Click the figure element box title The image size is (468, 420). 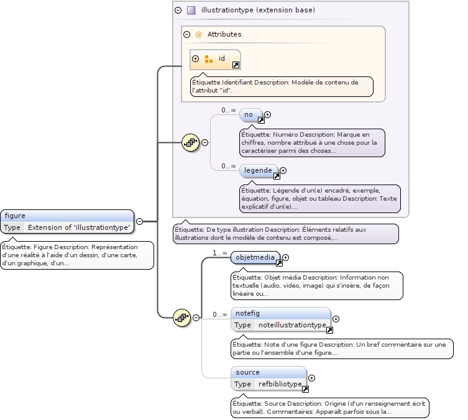coord(15,216)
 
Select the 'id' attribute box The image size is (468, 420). coord(215,59)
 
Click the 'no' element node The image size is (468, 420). coord(249,114)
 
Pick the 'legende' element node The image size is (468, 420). coord(258,170)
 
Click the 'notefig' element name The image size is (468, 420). coord(247,313)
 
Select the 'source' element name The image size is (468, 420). coord(247,372)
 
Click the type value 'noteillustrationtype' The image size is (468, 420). coord(292,325)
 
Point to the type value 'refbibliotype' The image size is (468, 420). coord(280,384)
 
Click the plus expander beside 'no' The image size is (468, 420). coord(268,114)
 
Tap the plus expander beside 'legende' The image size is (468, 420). coord(283,170)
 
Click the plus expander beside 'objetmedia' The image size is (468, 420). coord(286,257)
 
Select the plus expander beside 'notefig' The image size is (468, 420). coord(336,319)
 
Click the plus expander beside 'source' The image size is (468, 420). coord(311,378)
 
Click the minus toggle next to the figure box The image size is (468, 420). coord(139,221)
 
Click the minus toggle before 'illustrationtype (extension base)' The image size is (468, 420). coord(178,10)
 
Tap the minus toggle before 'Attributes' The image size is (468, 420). coord(186,34)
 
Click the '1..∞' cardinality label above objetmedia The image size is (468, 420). coord(220,253)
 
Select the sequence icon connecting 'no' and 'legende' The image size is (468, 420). coord(190,142)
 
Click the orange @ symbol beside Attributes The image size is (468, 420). coord(199,35)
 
